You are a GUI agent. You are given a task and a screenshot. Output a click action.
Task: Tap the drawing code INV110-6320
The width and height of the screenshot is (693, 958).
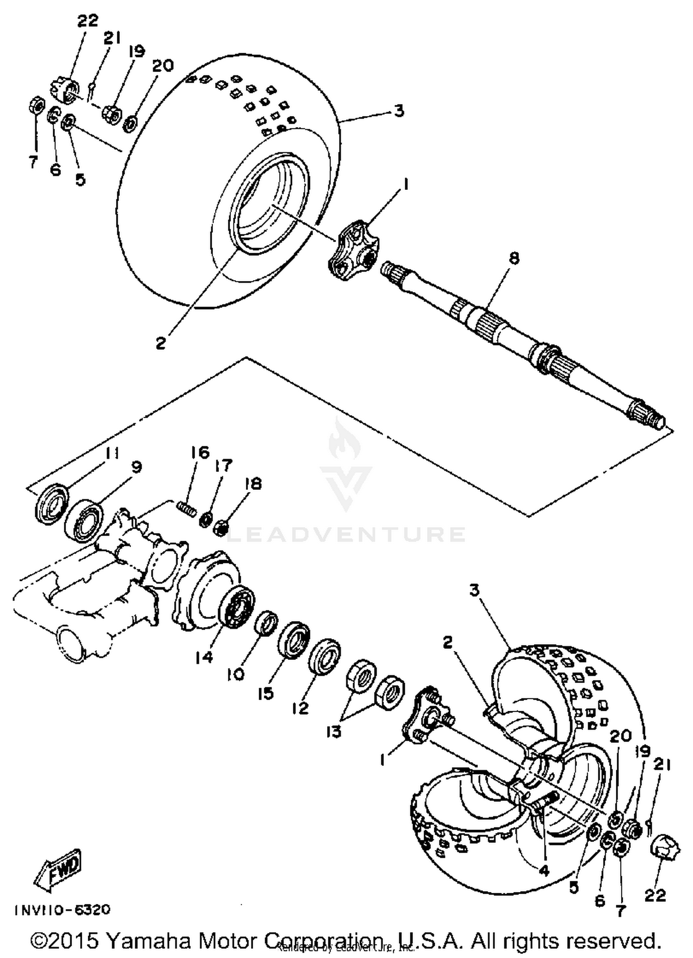(62, 909)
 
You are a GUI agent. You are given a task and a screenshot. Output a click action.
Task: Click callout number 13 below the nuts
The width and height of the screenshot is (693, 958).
(334, 732)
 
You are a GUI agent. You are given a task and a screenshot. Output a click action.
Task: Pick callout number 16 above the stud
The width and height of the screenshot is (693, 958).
(200, 452)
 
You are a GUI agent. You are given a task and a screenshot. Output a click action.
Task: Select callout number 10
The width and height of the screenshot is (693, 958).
(235, 675)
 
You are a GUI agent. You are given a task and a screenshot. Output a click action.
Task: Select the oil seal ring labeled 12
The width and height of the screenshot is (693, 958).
(325, 657)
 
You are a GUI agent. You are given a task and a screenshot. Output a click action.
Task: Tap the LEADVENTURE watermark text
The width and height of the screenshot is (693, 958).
(346, 534)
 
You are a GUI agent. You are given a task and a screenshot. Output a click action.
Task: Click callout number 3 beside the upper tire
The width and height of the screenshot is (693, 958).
(399, 111)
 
